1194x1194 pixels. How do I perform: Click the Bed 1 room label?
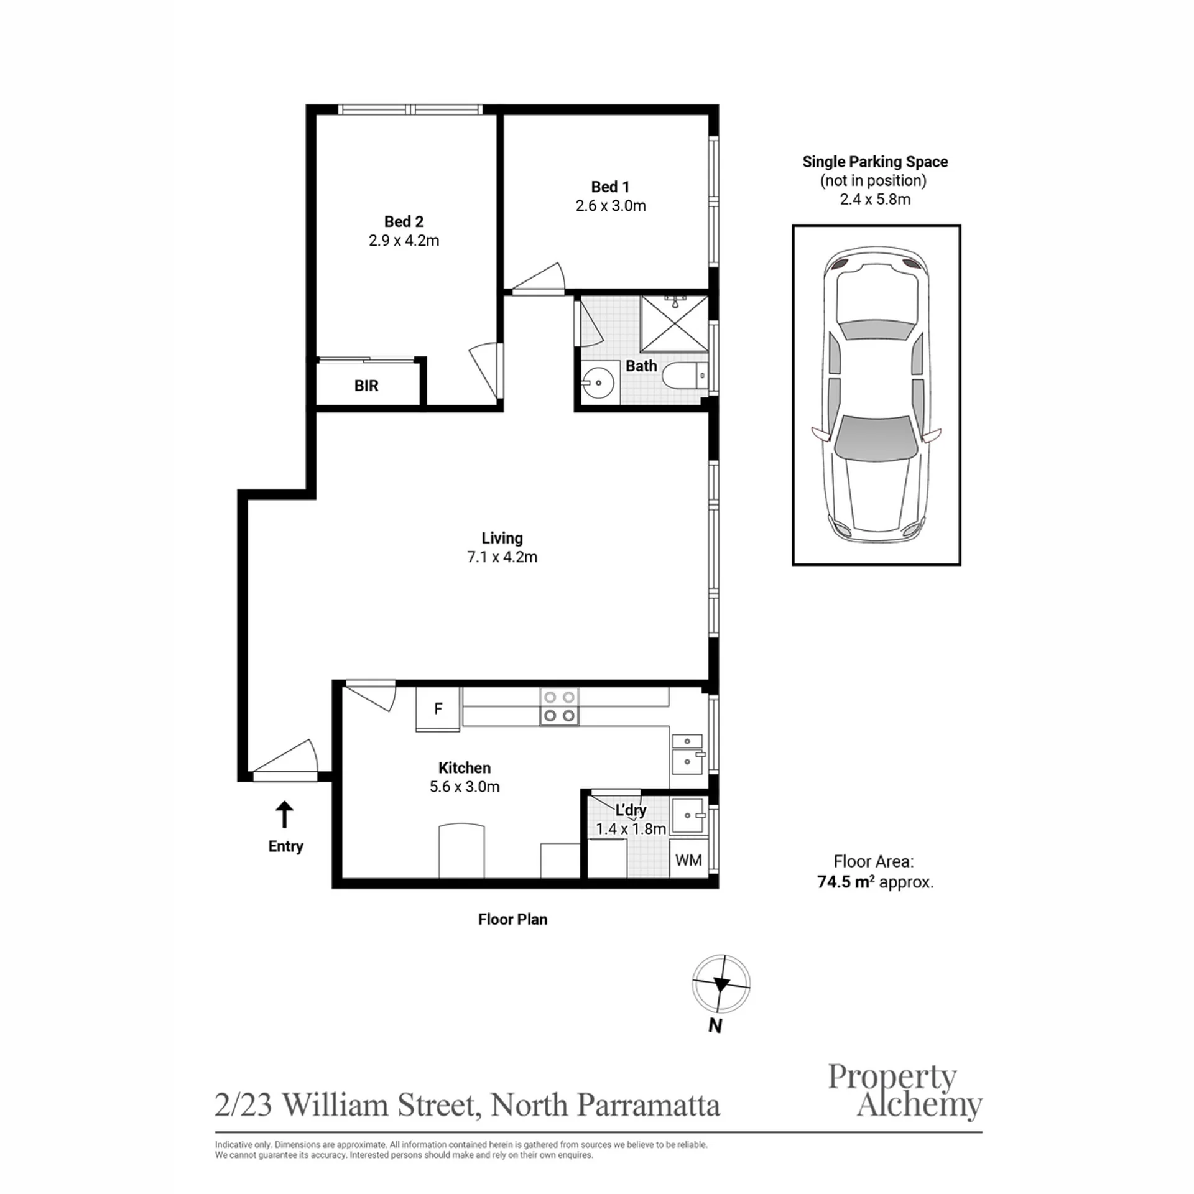click(x=610, y=187)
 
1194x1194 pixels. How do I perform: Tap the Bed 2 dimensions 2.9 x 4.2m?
click(x=404, y=241)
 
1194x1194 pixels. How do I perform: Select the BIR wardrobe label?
click(x=366, y=386)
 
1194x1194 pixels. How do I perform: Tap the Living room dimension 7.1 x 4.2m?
click(x=502, y=557)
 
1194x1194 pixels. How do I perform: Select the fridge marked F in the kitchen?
click(x=438, y=708)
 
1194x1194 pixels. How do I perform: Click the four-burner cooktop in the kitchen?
click(x=559, y=706)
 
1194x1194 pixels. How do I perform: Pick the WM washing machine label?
click(x=688, y=860)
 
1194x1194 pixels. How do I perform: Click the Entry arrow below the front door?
click(x=284, y=814)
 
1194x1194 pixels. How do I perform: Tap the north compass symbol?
click(x=721, y=984)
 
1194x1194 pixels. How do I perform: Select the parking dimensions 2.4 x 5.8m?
click(x=875, y=200)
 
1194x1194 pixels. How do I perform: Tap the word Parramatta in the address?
click(x=649, y=1105)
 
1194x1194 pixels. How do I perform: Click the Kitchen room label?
click(x=465, y=767)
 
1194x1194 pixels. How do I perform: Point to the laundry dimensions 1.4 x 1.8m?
click(x=631, y=829)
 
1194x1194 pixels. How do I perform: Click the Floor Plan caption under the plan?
click(x=512, y=919)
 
